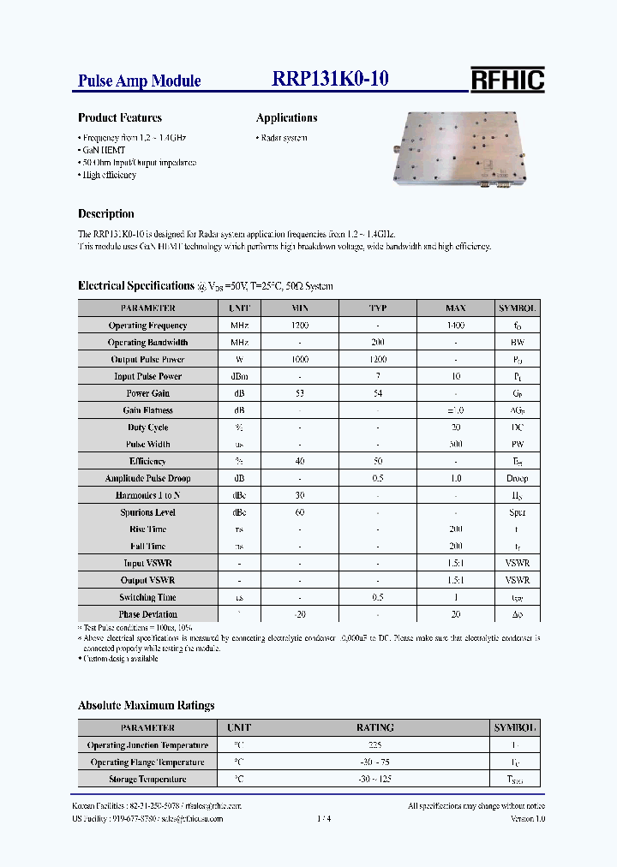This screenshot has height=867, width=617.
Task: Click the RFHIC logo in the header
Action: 507,80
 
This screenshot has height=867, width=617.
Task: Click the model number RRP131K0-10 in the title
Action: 331,79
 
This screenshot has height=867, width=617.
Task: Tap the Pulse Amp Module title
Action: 140,81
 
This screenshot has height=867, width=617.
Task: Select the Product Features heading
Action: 120,118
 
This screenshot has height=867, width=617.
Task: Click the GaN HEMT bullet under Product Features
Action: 104,150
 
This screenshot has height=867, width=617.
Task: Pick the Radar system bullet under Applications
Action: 282,138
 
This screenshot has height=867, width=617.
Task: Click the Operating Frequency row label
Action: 147,326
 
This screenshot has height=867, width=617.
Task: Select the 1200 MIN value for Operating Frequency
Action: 300,326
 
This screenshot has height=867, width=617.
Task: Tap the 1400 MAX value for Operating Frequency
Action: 455,326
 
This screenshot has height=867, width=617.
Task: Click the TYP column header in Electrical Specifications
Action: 377,308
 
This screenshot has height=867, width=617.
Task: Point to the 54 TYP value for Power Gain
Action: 377,393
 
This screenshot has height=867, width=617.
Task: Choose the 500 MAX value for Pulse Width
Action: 455,445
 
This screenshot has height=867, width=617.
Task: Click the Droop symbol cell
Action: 517,478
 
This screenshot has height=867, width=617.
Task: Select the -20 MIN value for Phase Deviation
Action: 300,614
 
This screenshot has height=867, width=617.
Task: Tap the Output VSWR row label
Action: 147,580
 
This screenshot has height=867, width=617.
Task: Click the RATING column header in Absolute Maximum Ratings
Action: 374,728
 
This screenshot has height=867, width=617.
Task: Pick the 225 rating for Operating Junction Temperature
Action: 374,745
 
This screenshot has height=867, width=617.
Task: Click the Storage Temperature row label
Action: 147,780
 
